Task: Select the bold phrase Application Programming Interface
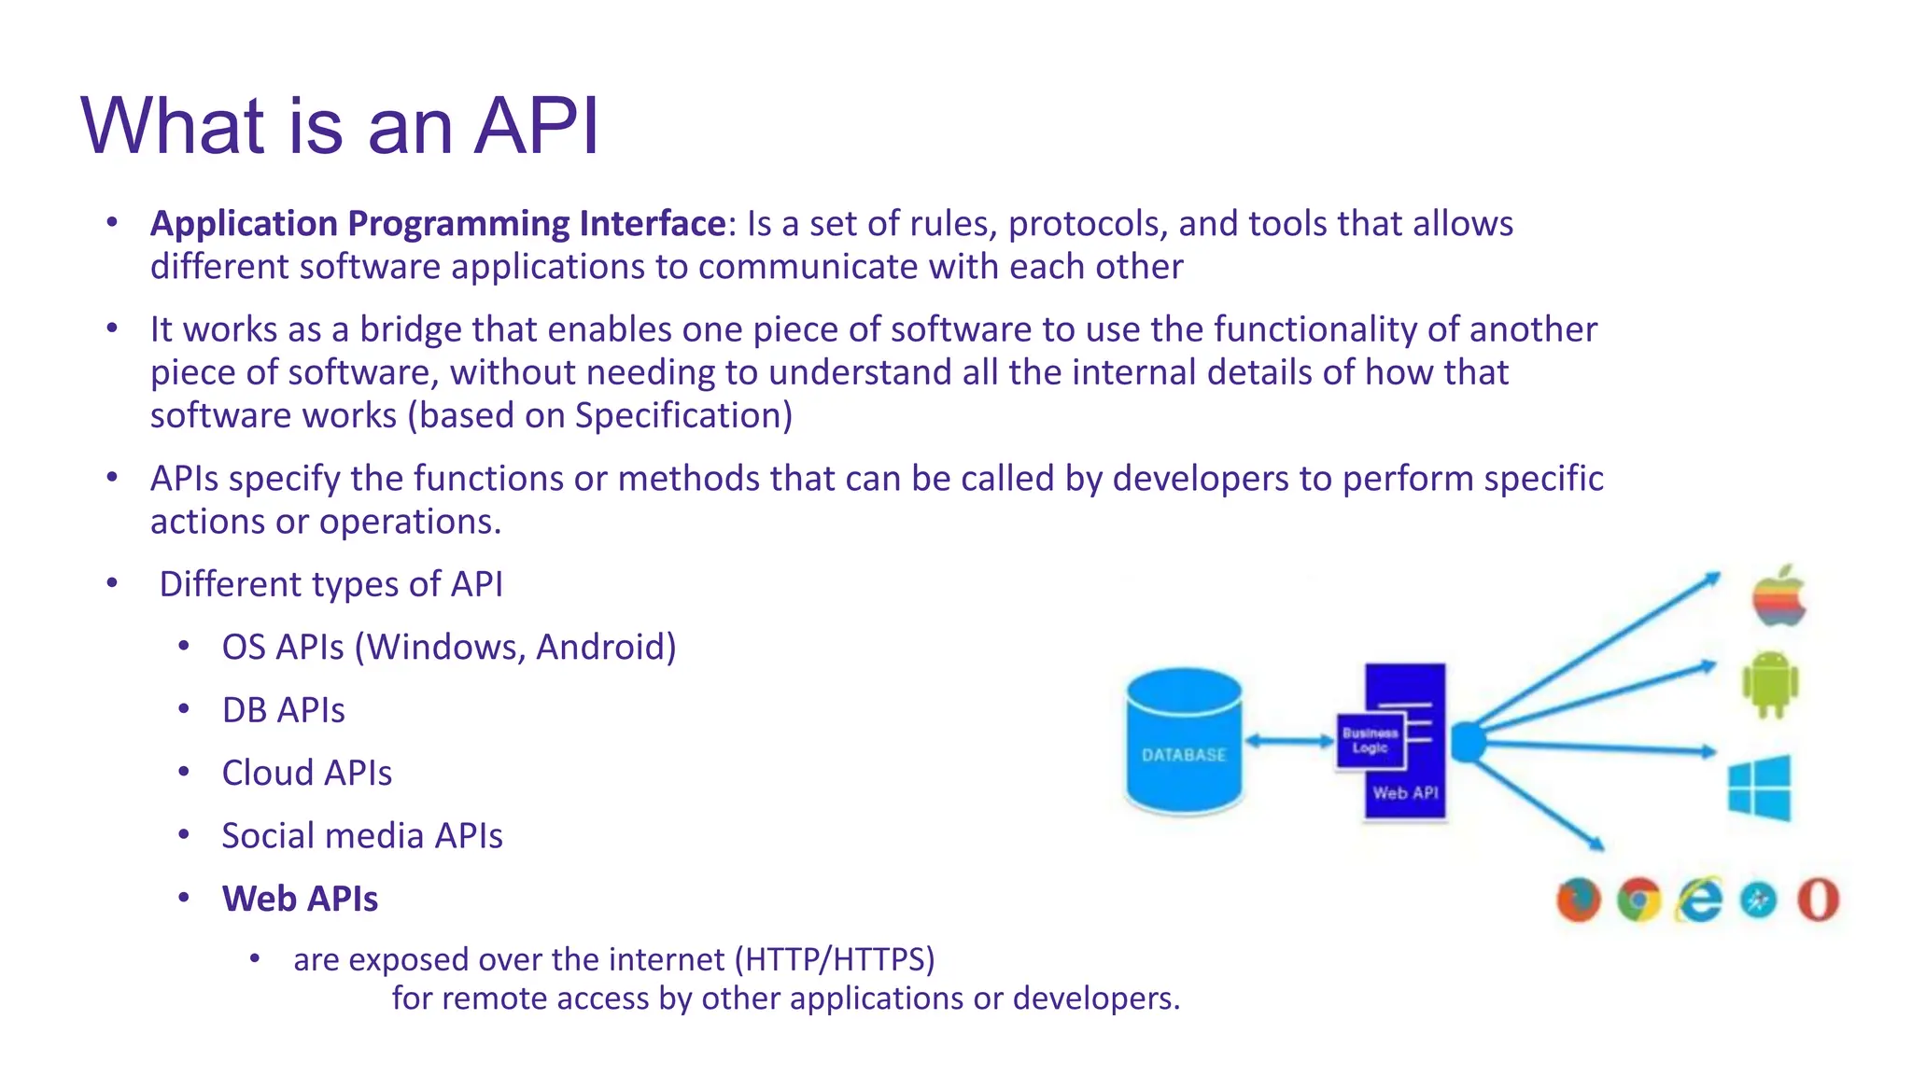[438, 224]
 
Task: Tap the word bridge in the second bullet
[411, 329]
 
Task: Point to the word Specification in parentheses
[679, 415]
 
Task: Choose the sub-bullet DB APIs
[283, 711]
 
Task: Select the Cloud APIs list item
[306, 774]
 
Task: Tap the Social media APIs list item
[361, 836]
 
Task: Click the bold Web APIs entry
[300, 899]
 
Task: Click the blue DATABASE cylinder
[1183, 742]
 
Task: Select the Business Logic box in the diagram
[1370, 741]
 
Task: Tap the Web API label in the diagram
[1404, 793]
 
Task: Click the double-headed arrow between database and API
[1289, 741]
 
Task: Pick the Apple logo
[1778, 597]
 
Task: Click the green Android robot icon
[1769, 685]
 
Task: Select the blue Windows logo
[1759, 789]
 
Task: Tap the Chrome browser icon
[1639, 900]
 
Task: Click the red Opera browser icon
[1818, 900]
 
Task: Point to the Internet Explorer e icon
[1699, 900]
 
